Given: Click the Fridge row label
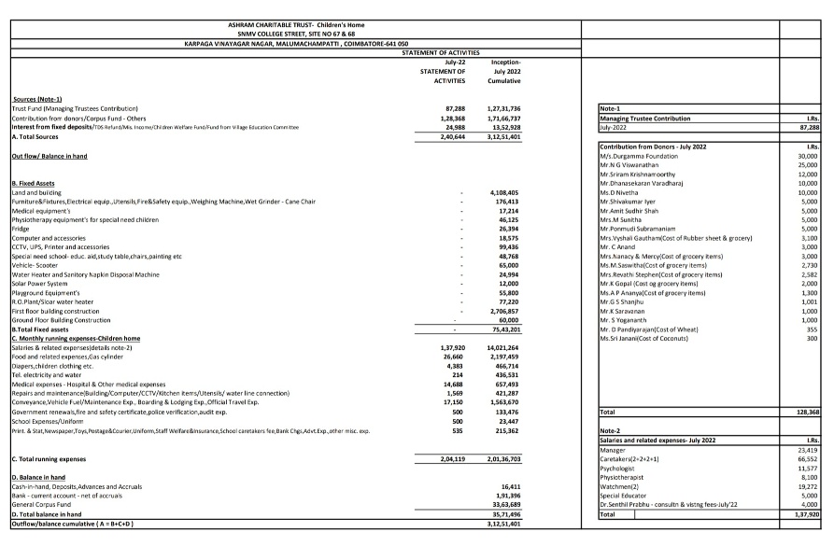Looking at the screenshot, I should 21,229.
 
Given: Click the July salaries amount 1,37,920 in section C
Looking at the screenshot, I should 448,347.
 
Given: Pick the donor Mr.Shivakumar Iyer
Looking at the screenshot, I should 631,202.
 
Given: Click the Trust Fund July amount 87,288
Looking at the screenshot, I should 451,109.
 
